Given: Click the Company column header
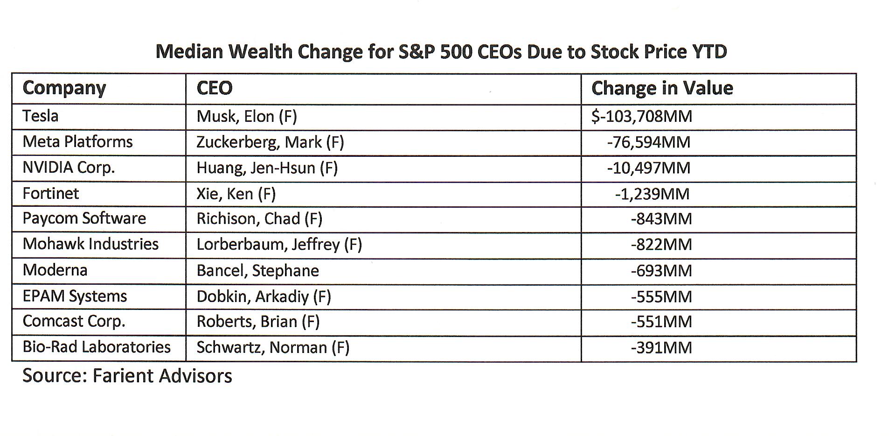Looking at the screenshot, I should [x=64, y=88].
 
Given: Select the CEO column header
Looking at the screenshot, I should [x=214, y=88].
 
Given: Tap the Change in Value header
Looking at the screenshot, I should [x=662, y=88].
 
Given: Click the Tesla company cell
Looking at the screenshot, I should [x=41, y=116].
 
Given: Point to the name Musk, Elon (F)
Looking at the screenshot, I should [x=246, y=116].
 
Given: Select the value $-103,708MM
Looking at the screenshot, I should [x=641, y=116].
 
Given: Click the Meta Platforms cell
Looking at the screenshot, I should [x=77, y=141].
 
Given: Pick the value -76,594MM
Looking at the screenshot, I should [x=648, y=142].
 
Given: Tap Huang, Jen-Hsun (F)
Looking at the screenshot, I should [x=267, y=168].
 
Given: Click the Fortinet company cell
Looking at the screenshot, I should [x=50, y=193].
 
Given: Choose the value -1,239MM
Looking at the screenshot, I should [x=652, y=194].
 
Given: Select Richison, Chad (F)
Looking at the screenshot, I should [x=259, y=218].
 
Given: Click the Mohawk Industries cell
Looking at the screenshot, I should [x=90, y=244].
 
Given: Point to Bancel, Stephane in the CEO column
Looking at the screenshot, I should [x=257, y=271].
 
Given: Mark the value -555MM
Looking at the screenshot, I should [x=661, y=296].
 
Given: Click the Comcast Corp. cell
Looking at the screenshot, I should [x=74, y=322].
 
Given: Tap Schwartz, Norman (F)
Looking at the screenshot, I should [x=273, y=348].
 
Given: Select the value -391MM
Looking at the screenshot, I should [x=661, y=348].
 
